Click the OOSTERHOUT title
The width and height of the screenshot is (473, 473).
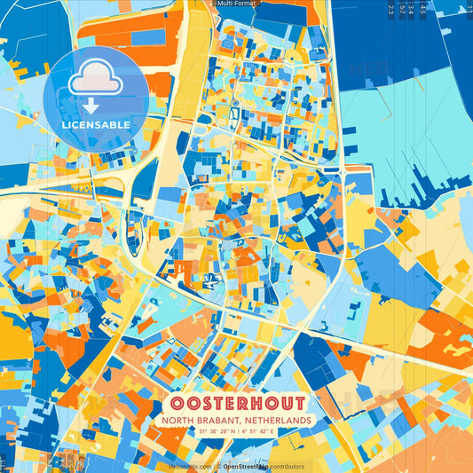click(236, 403)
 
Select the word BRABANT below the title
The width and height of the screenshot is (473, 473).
click(222, 420)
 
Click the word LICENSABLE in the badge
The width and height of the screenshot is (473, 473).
click(96, 125)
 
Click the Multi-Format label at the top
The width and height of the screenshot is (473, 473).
click(236, 4)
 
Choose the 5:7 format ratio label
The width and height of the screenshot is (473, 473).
click(404, 10)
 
